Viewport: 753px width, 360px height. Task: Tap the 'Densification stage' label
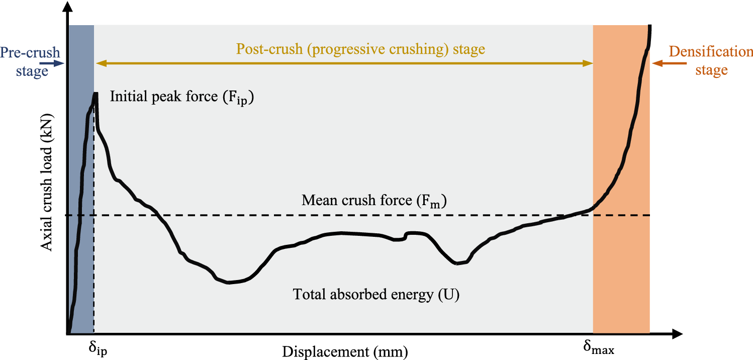tap(710, 60)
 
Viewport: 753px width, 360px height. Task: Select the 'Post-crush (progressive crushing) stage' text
tap(360, 49)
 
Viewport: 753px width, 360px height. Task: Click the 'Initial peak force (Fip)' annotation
tap(182, 98)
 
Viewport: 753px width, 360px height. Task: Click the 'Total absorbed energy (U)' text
tap(376, 294)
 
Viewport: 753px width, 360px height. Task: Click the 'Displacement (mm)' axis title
tap(345, 351)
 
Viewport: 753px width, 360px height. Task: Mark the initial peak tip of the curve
tap(95, 94)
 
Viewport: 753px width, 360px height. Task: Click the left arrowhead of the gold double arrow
tap(100, 63)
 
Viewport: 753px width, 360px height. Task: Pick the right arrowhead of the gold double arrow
tap(589, 63)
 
